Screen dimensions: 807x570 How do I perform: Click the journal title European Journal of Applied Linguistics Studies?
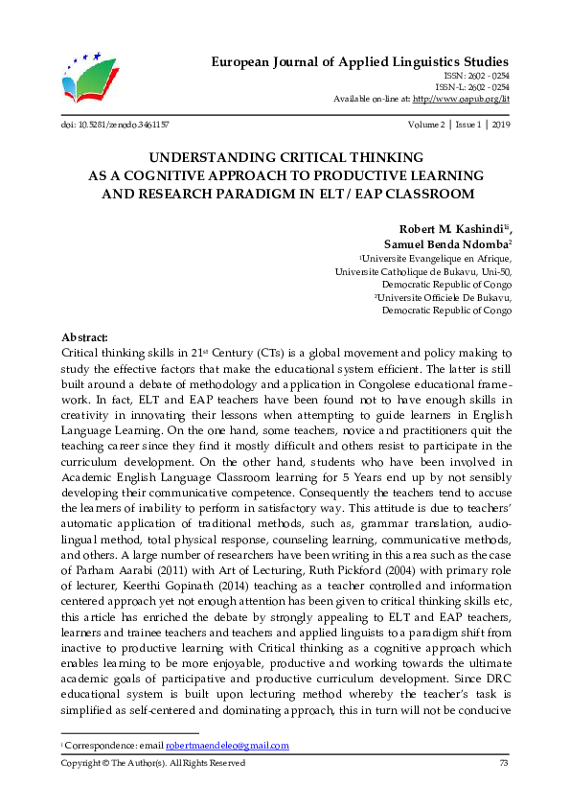[360, 61]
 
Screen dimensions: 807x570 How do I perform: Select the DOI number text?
[122, 125]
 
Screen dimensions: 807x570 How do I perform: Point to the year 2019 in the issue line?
[501, 125]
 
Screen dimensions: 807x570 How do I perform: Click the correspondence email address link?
[227, 746]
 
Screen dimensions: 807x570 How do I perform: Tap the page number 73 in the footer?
[504, 763]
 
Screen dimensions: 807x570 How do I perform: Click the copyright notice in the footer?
[152, 763]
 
